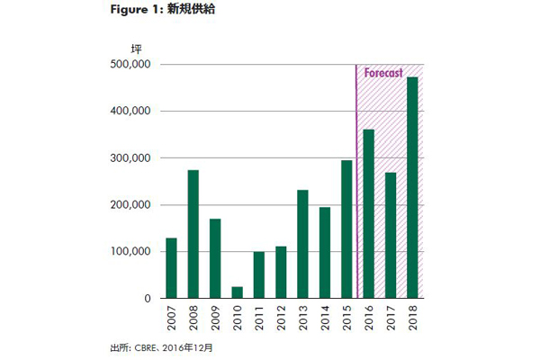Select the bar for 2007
(171, 268)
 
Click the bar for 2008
(193, 234)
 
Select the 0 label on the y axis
(145, 299)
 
